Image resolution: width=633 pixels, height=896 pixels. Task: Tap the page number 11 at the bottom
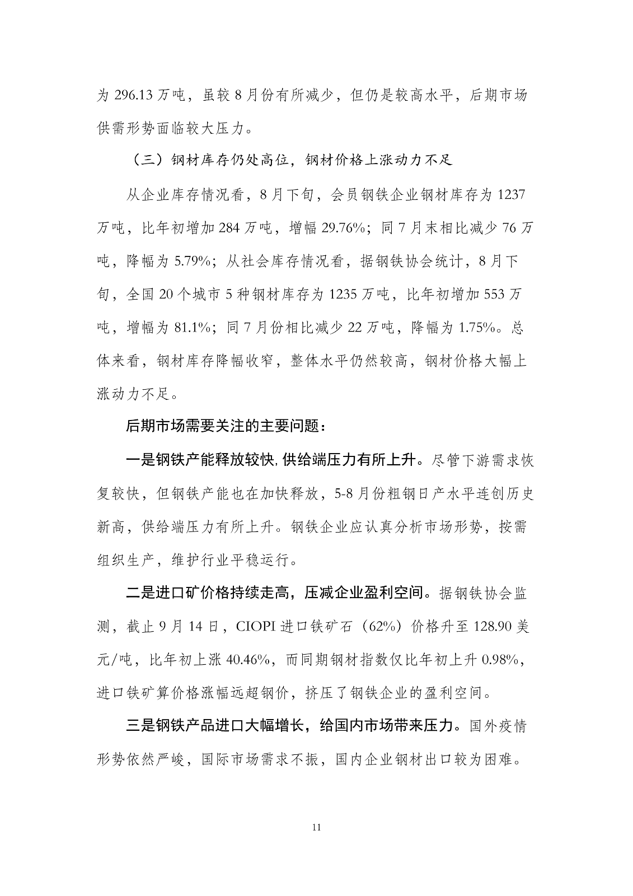coord(316,828)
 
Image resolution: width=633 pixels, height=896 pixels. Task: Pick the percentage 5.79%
coord(192,261)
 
